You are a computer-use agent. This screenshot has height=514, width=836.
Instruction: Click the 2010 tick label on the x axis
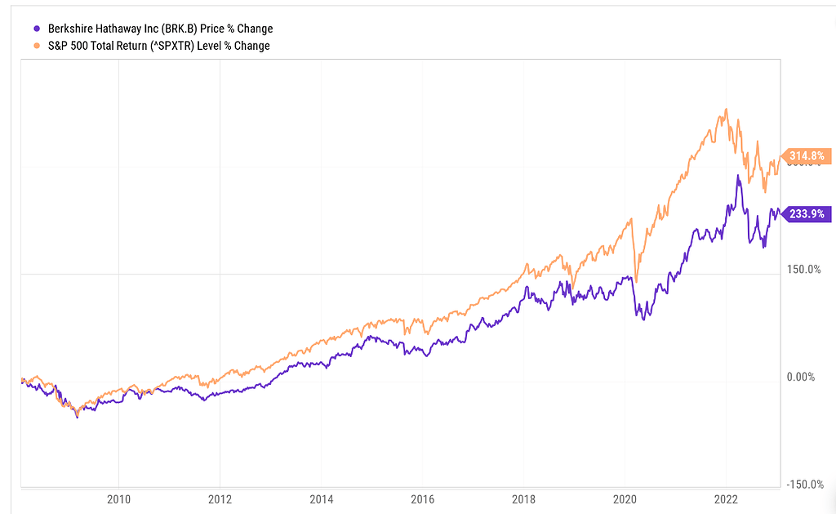coord(118,498)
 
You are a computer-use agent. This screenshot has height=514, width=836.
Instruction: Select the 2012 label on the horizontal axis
coord(220,498)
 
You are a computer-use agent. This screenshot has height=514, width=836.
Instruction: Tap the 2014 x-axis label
coord(321,498)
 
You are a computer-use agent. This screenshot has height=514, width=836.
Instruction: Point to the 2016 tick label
coord(422,498)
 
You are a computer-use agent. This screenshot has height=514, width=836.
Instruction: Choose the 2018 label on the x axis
coord(523,498)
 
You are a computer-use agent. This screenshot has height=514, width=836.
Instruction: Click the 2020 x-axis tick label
coord(625,498)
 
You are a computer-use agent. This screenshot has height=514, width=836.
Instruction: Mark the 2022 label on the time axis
coord(726,498)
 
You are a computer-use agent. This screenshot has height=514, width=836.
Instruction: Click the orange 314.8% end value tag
coord(807,155)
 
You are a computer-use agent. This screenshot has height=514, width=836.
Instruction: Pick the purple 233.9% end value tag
coord(807,214)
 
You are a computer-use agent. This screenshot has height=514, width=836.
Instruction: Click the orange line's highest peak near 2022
coord(725,110)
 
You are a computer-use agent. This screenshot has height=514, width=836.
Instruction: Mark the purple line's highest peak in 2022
coord(738,175)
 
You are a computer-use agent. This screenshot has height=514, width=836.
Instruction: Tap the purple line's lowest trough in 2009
coord(78,417)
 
